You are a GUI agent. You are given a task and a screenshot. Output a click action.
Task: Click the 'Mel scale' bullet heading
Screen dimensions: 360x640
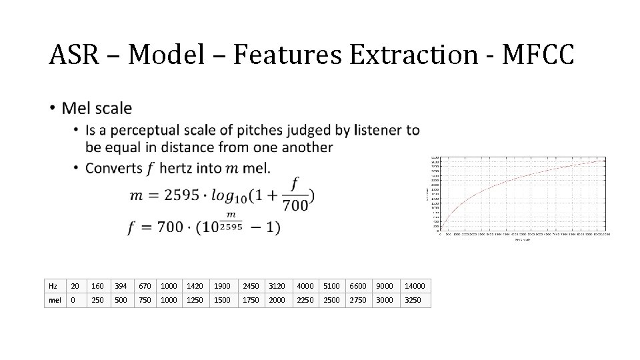(x=97, y=108)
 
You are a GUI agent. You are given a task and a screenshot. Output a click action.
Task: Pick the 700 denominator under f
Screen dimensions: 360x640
(x=295, y=205)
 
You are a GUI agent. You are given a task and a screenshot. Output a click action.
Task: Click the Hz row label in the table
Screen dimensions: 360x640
(x=53, y=286)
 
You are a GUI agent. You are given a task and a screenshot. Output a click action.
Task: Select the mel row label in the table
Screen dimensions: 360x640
(x=54, y=300)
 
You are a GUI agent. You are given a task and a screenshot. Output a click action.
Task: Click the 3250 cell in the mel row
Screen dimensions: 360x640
(x=413, y=300)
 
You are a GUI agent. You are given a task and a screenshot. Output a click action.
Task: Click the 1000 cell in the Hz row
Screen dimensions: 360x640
(x=169, y=286)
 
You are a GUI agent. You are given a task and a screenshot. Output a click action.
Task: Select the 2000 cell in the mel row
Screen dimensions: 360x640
(x=277, y=300)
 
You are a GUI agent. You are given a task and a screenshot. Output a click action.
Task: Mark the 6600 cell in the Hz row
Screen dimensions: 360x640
(x=359, y=286)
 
